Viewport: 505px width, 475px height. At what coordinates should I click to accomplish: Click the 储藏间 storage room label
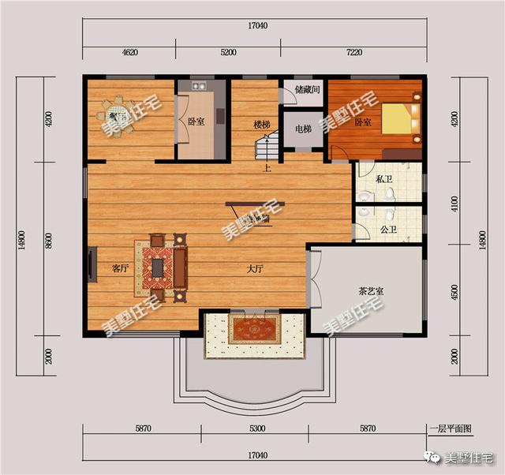click(x=306, y=91)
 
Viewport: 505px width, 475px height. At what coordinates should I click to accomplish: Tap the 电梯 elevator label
click(x=303, y=129)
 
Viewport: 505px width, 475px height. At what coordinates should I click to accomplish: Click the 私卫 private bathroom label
click(x=384, y=179)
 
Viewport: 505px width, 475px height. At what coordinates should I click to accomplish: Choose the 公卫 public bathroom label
click(x=387, y=230)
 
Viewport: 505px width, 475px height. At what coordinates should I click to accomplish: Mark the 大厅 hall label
click(x=254, y=269)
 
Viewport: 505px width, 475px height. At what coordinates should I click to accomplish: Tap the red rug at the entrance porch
click(x=254, y=329)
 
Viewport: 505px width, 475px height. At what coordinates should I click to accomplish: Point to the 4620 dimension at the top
click(x=130, y=53)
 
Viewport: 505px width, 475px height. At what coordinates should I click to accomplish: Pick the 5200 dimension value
click(x=228, y=53)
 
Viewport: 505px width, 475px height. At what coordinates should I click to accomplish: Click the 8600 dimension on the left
click(x=49, y=241)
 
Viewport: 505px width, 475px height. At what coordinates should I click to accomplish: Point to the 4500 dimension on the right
click(x=454, y=290)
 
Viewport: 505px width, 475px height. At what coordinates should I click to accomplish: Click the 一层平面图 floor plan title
click(x=451, y=428)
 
